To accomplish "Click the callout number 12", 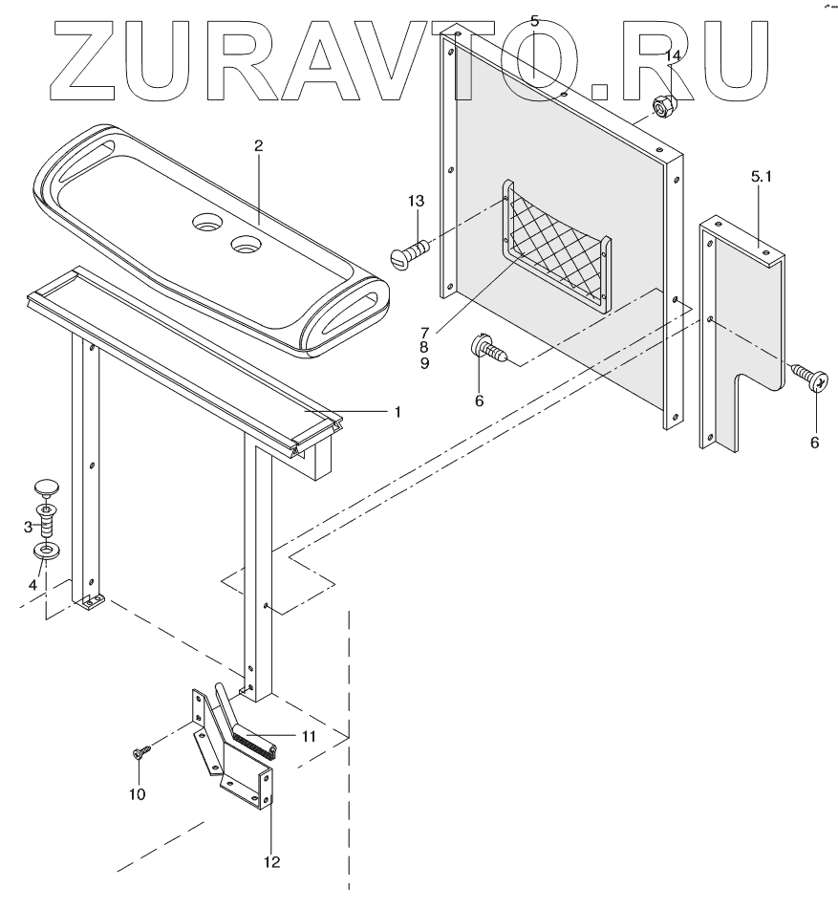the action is [271, 862].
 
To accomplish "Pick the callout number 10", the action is [138, 793].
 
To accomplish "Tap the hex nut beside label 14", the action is [662, 105].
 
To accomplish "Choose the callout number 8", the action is [423, 347].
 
